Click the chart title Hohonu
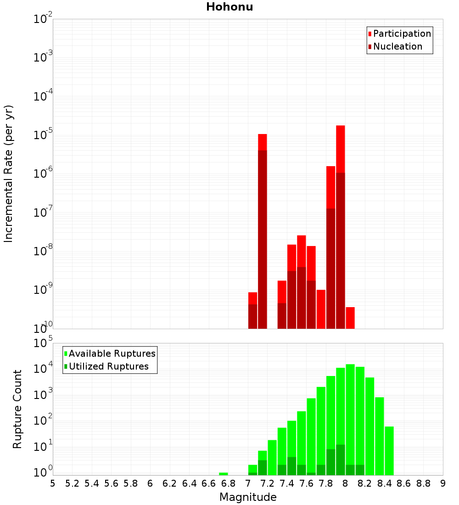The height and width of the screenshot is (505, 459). coord(229,7)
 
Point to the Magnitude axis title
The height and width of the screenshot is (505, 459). coord(248,497)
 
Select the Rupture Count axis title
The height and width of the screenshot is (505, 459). coord(17,409)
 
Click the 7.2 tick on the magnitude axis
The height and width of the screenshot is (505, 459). coord(267,483)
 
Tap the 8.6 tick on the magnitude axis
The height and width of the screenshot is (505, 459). coord(404,483)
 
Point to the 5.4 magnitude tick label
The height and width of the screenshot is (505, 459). coord(92,483)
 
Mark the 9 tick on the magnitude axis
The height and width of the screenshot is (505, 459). coord(442,483)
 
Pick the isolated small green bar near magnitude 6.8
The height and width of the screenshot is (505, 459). coord(224,473)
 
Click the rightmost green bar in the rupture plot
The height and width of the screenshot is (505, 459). coord(389,450)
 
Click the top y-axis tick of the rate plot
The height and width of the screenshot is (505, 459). coord(43,19)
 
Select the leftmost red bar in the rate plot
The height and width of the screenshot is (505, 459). coord(252,310)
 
